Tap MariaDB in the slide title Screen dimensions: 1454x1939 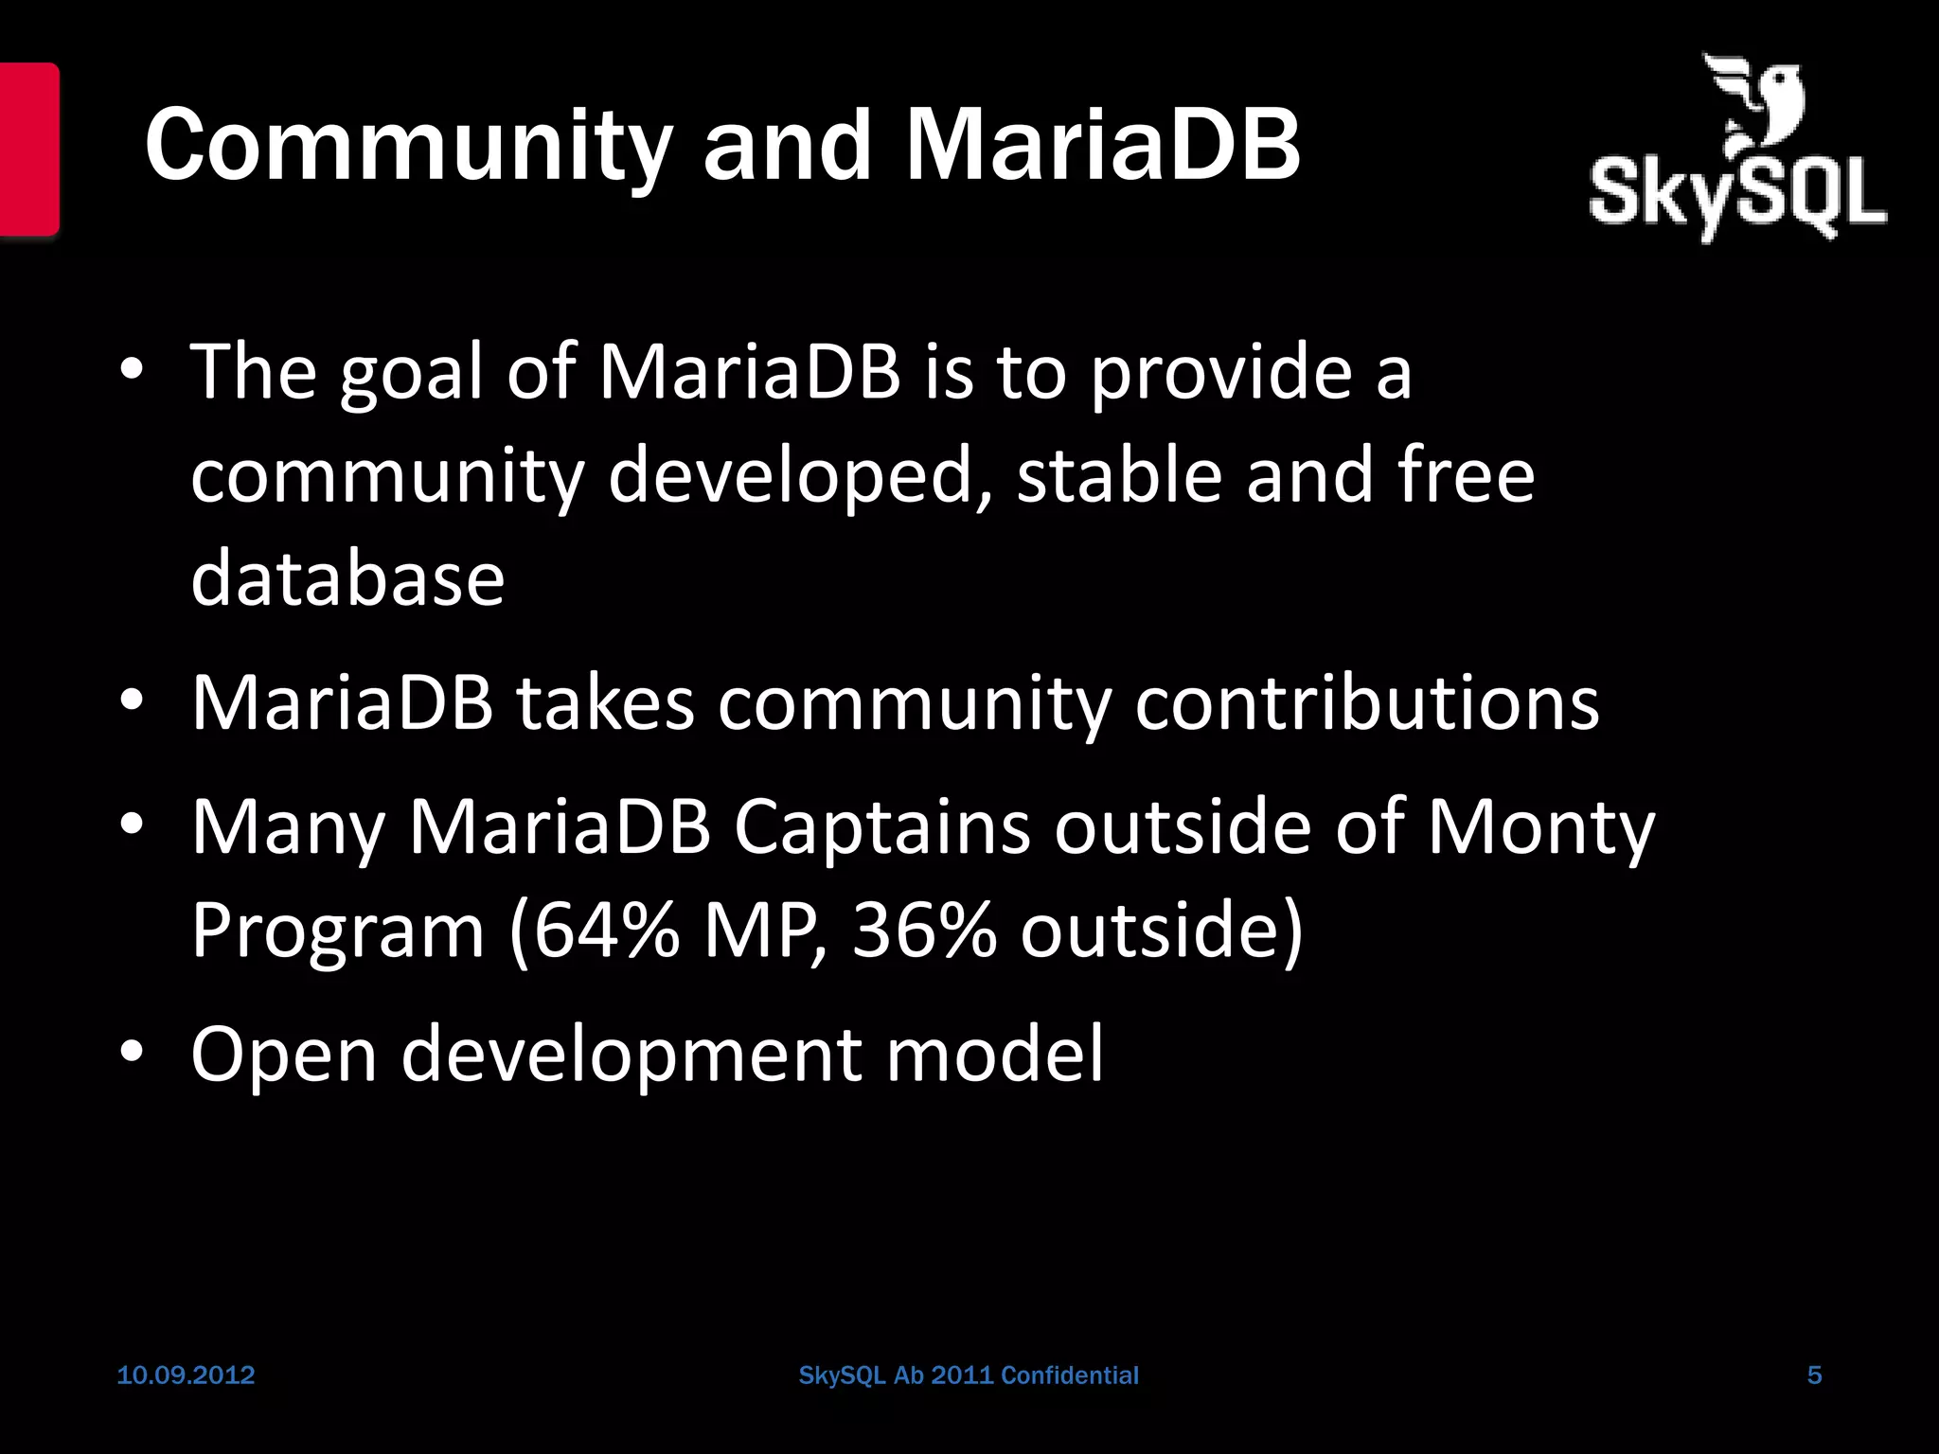(x=1102, y=147)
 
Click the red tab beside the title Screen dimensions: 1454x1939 (x=29, y=149)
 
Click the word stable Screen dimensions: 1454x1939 (x=1119, y=475)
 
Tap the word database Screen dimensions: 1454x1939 (x=347, y=578)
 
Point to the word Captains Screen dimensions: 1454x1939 (x=881, y=827)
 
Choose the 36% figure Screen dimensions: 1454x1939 (x=923, y=931)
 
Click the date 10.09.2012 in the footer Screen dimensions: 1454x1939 (x=186, y=1375)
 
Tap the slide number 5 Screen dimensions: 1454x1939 (x=1814, y=1375)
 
